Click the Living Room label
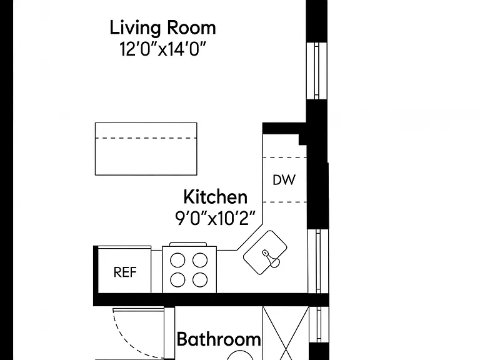coord(163,28)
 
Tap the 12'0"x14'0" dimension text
coord(163,49)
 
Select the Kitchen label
coord(216,197)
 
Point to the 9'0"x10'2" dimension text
coord(215,219)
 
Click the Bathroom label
coord(219,339)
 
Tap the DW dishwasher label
coord(284,180)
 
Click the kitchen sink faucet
coord(271,259)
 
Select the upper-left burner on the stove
coord(177,261)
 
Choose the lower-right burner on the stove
coord(200,280)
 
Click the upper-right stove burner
coord(200,261)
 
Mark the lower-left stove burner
coord(177,280)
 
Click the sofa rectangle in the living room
coord(146,149)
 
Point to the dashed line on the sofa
coord(146,138)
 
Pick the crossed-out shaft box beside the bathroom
coord(286,333)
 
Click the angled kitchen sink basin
coord(265,252)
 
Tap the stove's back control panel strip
coord(188,244)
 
